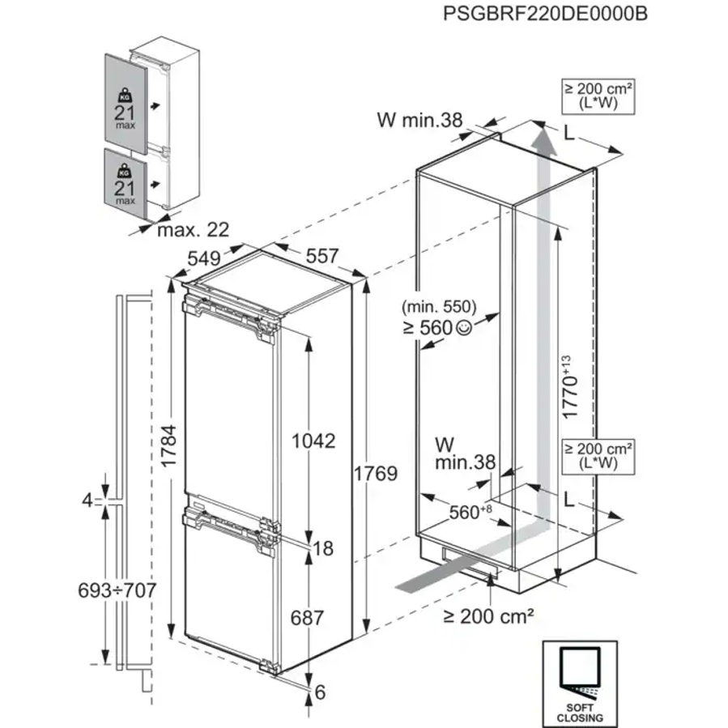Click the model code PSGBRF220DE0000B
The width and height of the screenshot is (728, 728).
tap(546, 14)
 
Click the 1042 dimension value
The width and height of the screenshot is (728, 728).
tap(314, 441)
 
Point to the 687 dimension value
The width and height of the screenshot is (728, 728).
tap(307, 618)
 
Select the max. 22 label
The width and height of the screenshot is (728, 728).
tap(193, 230)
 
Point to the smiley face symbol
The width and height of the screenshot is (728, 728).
tap(462, 328)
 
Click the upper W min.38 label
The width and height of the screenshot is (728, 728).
tap(419, 121)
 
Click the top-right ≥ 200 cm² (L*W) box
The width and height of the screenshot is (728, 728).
tap(598, 96)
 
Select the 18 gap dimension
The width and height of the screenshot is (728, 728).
tap(323, 549)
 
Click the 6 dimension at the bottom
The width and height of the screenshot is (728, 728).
tap(320, 692)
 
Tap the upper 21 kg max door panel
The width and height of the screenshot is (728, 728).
tap(125, 103)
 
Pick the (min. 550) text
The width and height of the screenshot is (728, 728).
tap(438, 308)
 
